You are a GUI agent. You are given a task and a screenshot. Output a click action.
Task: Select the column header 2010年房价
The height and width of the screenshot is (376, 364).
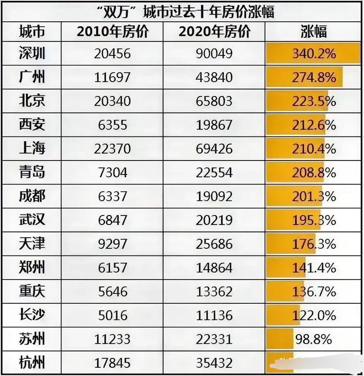112,32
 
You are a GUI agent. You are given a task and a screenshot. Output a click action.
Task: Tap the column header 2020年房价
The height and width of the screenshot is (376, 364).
214,32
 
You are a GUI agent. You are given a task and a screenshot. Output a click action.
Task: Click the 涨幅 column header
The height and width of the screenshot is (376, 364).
313,32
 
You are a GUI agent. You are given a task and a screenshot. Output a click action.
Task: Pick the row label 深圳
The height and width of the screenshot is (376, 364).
32,54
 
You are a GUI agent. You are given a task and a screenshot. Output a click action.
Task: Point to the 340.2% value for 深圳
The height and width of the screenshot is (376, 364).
313,54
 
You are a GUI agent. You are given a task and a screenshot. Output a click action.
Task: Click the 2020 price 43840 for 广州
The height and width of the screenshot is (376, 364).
214,78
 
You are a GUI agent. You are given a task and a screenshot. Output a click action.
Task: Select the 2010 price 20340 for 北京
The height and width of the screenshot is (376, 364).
112,101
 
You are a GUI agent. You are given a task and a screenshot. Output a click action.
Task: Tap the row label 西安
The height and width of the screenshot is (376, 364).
32,125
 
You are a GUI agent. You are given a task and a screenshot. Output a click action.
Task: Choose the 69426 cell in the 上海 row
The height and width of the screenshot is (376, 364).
214,148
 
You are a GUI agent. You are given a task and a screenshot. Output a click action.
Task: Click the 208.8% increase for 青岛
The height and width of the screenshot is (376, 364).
313,172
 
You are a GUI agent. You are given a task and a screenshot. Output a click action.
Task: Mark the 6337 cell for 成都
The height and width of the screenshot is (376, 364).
112,196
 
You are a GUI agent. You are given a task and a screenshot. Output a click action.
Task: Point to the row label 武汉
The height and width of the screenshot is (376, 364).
32,220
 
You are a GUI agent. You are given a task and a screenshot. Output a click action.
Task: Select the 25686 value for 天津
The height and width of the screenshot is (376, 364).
214,244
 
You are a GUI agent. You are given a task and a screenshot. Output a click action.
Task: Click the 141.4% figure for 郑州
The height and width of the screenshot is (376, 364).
313,268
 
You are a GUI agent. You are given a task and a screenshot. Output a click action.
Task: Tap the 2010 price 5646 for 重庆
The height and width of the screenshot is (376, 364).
112,291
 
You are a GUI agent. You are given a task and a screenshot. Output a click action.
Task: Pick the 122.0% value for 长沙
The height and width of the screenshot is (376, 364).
313,315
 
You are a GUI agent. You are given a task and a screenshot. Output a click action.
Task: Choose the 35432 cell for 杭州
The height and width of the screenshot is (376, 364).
214,363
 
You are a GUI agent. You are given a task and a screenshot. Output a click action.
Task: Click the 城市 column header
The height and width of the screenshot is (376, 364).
32,32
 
